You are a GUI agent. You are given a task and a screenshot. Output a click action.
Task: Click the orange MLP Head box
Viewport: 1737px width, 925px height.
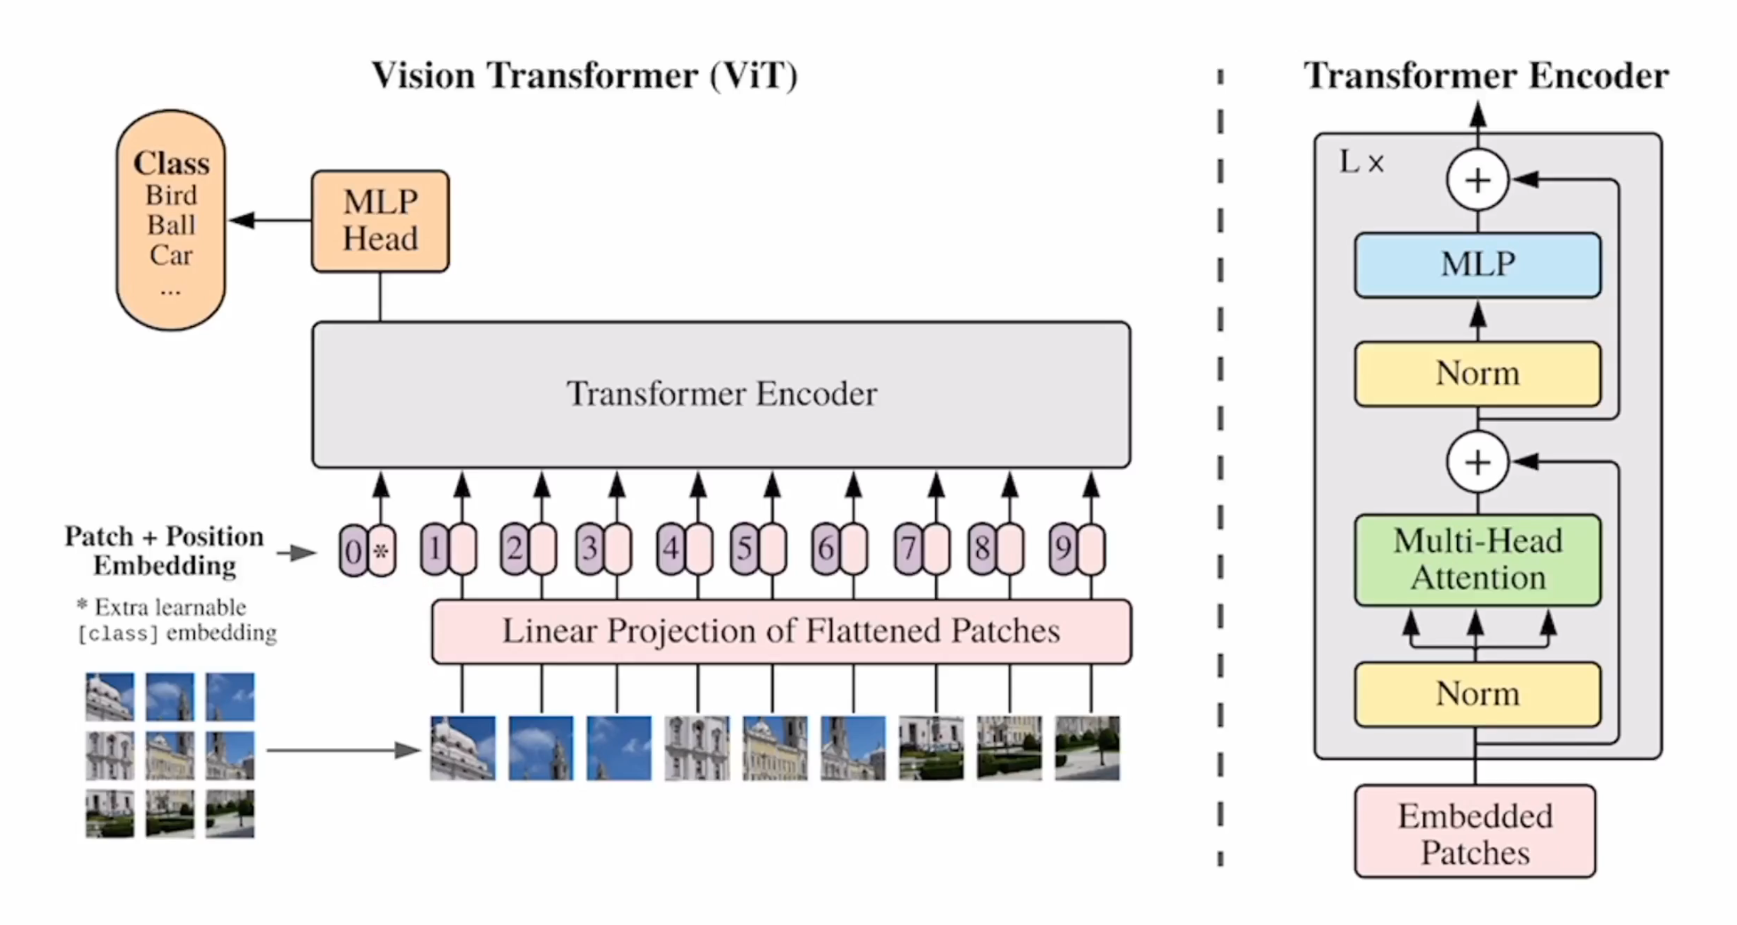(x=380, y=221)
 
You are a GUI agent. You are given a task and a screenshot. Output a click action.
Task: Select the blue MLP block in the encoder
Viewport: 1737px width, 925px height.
(x=1477, y=265)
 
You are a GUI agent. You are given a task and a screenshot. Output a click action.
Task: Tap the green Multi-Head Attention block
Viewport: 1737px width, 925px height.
(x=1477, y=560)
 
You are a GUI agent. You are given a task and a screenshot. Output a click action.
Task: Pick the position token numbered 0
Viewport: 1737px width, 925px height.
(x=353, y=551)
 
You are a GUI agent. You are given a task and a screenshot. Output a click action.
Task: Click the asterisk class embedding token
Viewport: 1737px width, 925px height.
(x=381, y=551)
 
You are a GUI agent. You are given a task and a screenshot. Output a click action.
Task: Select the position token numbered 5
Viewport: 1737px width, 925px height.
(x=744, y=548)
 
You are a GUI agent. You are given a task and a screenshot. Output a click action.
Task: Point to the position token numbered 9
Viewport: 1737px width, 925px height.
(x=1063, y=548)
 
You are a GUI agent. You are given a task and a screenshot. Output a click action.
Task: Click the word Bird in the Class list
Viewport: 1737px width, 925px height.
(x=171, y=196)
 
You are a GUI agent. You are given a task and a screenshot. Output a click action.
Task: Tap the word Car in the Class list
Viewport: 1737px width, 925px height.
(x=170, y=255)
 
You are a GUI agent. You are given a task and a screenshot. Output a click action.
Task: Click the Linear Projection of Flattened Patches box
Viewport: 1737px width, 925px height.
(x=781, y=631)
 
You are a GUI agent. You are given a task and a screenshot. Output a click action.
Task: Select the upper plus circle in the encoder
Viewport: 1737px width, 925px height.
(x=1477, y=180)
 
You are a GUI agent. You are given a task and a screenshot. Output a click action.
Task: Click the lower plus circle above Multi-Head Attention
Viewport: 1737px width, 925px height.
(x=1477, y=462)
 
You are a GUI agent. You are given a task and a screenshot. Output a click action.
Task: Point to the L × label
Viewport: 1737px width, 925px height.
(x=1361, y=163)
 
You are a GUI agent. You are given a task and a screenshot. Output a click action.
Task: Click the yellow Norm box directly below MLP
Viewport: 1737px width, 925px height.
(x=1477, y=374)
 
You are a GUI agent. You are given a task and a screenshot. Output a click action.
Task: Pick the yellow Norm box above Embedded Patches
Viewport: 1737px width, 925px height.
(x=1477, y=694)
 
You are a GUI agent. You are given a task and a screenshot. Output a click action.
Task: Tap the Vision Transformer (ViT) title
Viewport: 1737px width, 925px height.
(x=584, y=75)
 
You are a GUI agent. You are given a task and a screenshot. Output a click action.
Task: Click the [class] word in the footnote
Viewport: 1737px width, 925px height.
(x=118, y=634)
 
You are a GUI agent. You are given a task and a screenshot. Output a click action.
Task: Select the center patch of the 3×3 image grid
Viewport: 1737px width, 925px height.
(x=169, y=755)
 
